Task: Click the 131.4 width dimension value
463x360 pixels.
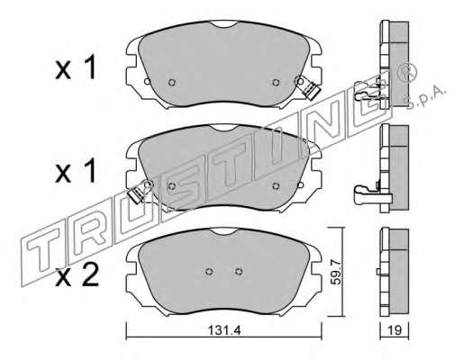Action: point(225,330)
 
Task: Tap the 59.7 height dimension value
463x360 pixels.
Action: point(337,272)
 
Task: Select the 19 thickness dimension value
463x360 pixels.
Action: point(395,330)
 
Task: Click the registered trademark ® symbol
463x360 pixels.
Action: point(407,73)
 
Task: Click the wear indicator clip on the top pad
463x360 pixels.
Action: point(307,87)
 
